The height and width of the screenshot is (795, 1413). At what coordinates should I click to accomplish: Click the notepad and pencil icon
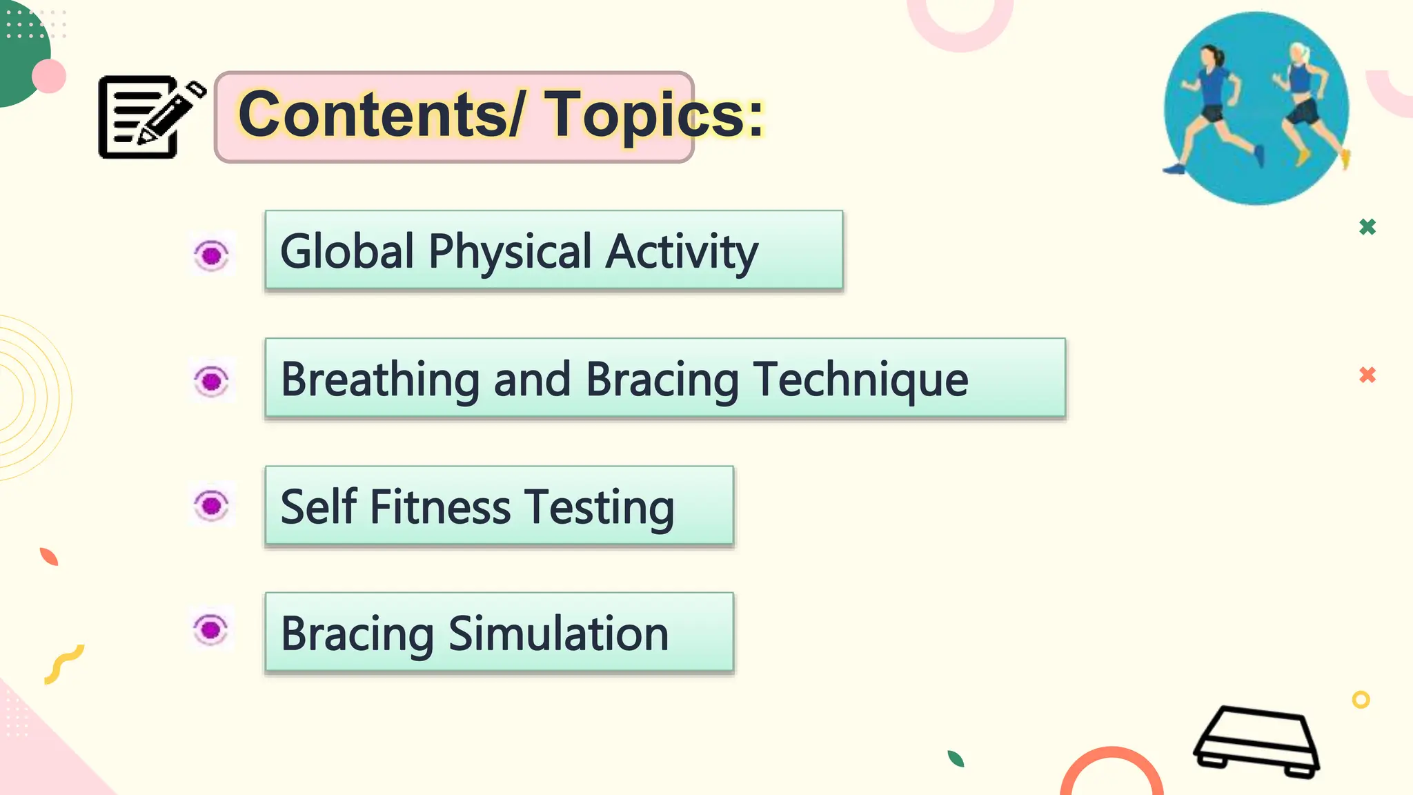click(x=148, y=117)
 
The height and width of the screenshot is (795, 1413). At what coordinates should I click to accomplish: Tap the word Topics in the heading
click(x=655, y=115)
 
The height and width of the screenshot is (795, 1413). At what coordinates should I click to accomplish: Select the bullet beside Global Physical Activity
click(x=212, y=255)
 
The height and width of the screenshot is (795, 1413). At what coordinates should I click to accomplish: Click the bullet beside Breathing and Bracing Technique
click(x=212, y=380)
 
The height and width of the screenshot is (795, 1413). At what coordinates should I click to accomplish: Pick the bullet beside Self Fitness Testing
click(x=212, y=505)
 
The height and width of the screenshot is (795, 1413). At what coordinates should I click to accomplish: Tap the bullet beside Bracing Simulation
click(x=211, y=629)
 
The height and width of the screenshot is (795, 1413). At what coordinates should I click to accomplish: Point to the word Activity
click(x=682, y=252)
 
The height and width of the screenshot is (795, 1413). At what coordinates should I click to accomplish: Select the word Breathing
click(x=380, y=380)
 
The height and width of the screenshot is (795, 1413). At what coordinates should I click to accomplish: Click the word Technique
click(x=860, y=380)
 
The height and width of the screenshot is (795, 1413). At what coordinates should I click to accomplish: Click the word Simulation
click(x=558, y=634)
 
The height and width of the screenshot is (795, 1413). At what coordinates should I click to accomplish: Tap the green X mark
click(x=1367, y=226)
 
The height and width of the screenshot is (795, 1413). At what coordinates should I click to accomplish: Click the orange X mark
click(x=1367, y=375)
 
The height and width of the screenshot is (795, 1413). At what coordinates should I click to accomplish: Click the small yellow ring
click(x=1361, y=700)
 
